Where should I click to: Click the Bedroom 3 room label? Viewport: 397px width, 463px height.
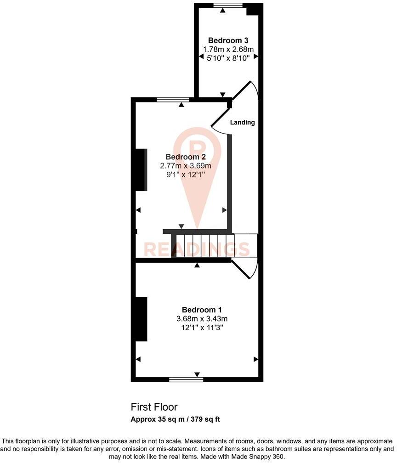228,40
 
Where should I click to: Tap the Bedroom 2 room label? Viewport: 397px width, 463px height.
185,156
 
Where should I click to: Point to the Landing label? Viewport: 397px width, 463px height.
242,123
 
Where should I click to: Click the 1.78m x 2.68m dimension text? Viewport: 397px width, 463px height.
228,49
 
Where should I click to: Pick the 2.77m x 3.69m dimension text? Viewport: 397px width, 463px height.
185,165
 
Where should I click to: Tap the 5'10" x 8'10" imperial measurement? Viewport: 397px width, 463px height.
228,58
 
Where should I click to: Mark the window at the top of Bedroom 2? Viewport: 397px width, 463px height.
173,99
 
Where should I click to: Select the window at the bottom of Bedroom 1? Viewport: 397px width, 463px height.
186,379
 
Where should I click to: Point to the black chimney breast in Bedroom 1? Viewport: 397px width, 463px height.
141,319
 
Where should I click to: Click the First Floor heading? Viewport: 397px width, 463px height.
154,407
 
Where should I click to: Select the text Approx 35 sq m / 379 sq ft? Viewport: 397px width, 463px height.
176,419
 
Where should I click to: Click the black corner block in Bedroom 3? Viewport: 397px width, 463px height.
253,9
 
